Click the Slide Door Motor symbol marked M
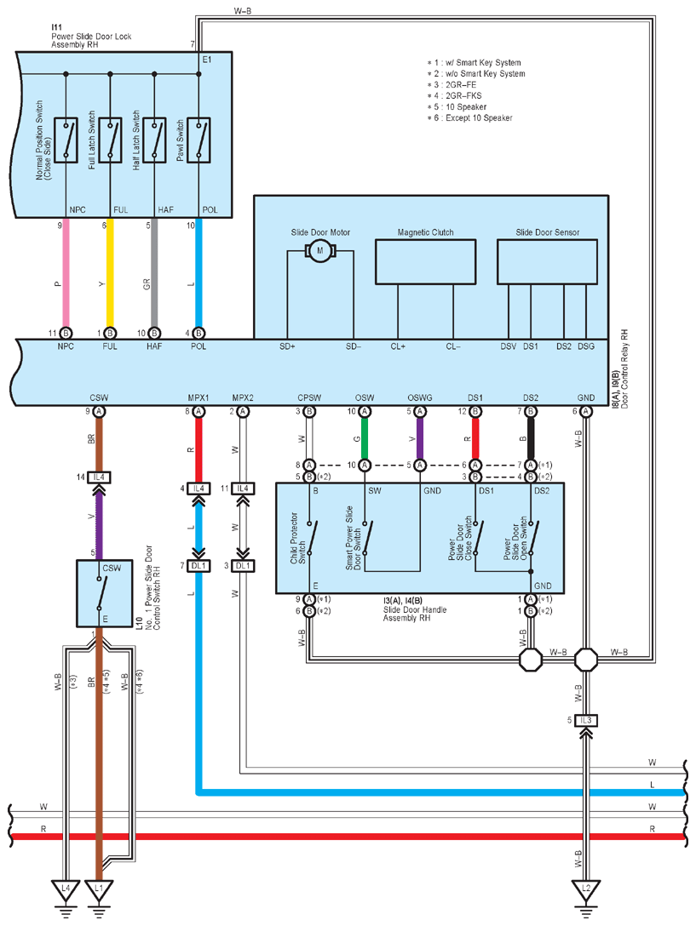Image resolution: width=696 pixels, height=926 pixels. click(x=320, y=251)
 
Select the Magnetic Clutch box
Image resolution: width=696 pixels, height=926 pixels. click(x=425, y=261)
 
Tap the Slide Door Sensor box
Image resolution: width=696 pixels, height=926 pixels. click(x=547, y=261)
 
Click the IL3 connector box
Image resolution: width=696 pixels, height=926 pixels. click(x=585, y=720)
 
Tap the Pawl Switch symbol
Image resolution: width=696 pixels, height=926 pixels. click(x=198, y=140)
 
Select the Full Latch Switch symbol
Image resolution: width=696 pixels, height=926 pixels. click(x=110, y=140)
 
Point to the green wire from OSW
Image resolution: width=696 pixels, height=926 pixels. click(x=365, y=438)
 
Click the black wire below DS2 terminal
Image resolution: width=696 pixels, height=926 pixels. click(x=531, y=438)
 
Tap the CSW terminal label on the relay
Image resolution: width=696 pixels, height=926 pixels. click(x=99, y=397)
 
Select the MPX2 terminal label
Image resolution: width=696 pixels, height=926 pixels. click(x=243, y=397)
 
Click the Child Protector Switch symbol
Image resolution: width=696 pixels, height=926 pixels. click(x=309, y=537)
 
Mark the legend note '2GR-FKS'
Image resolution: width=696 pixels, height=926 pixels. click(x=463, y=95)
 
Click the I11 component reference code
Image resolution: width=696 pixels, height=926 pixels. click(x=56, y=27)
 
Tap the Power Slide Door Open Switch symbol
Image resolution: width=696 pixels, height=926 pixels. click(x=532, y=537)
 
